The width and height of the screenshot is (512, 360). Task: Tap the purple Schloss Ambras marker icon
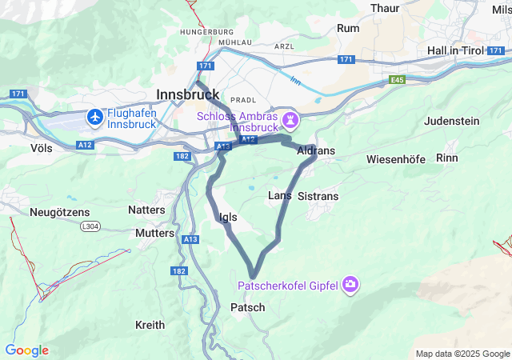290,121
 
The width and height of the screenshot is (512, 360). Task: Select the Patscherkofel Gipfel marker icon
350,285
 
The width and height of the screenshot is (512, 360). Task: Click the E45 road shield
398,80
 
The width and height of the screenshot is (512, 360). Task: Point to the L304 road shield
93,227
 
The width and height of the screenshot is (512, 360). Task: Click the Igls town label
227,217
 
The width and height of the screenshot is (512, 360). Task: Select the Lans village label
279,195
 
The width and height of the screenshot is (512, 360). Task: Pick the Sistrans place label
318,196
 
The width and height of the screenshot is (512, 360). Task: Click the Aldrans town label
315,150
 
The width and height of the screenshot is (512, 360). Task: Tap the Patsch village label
247,307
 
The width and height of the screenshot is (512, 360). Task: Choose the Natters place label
147,210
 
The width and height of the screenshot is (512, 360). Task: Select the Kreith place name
150,325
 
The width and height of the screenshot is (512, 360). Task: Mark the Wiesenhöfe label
396,159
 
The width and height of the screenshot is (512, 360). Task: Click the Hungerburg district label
184,32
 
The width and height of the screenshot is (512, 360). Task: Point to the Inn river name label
295,80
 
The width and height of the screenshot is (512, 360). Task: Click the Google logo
26,350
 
